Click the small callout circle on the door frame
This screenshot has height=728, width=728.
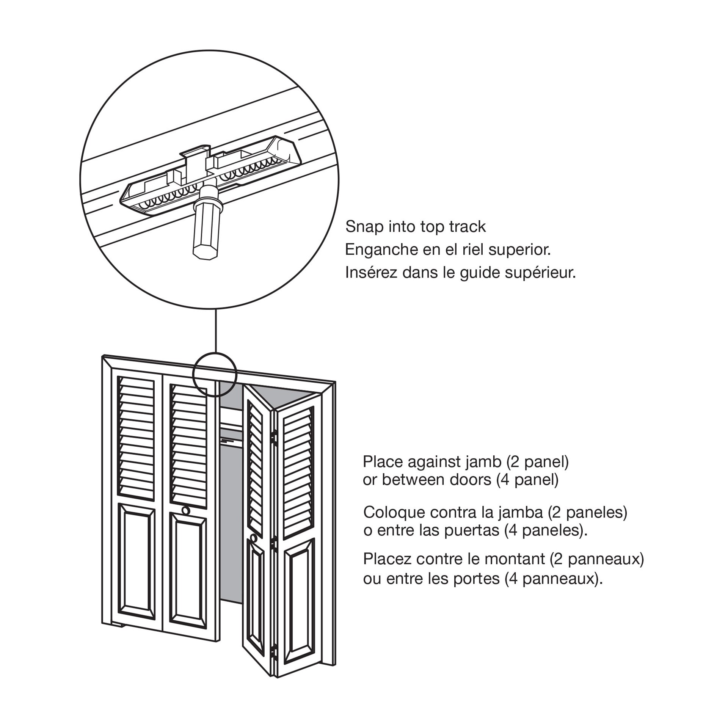(215, 375)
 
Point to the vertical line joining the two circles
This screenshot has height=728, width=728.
(215, 330)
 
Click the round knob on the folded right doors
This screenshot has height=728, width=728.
(253, 537)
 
